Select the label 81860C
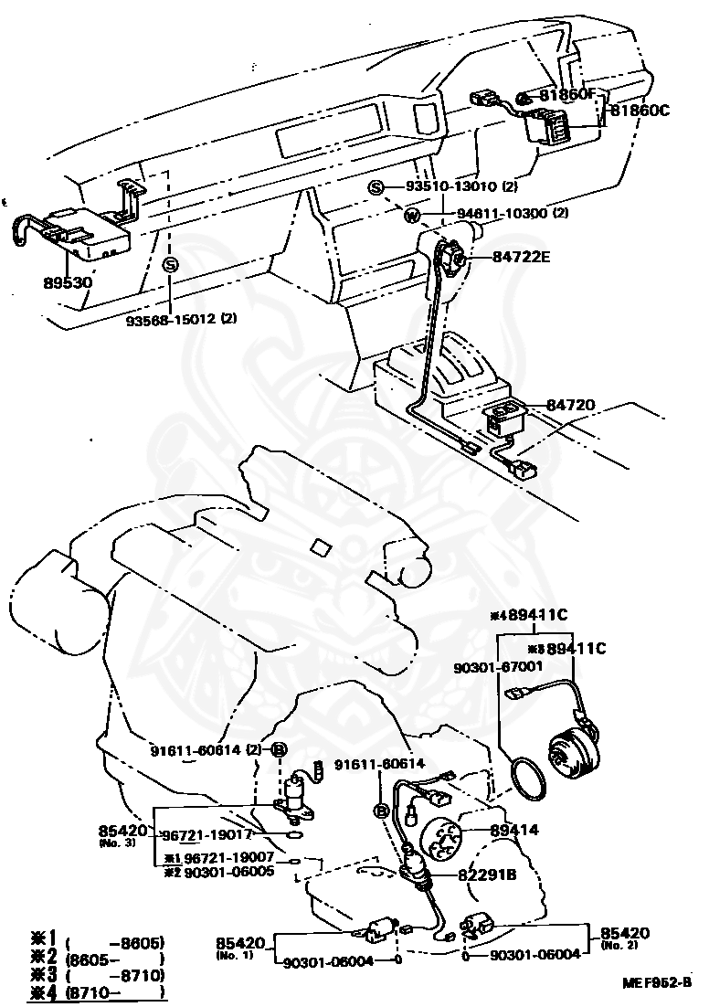640,110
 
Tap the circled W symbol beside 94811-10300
412,216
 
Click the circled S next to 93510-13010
377,188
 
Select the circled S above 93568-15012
170,264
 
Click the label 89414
514,831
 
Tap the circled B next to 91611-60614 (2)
280,750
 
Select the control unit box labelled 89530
87,232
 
